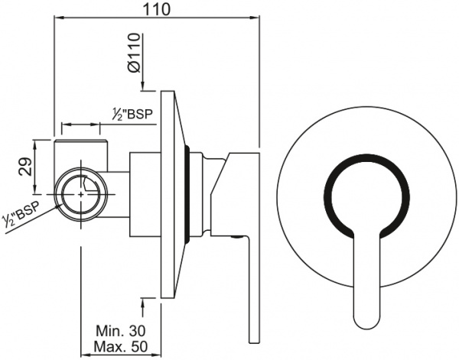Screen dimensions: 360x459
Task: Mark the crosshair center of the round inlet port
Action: click(x=82, y=196)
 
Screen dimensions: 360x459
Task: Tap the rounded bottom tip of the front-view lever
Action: click(x=369, y=316)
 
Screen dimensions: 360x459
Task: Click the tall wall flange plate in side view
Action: click(x=169, y=195)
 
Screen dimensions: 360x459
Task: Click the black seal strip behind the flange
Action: click(x=188, y=195)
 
